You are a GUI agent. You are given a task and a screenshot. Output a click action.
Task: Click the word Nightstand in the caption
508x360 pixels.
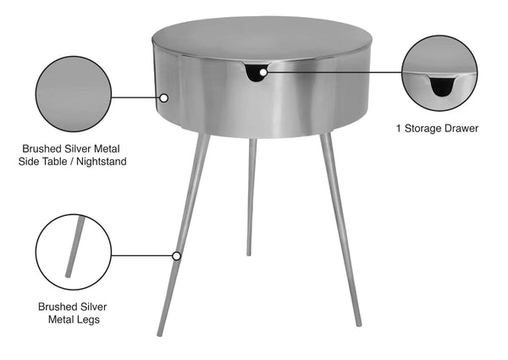(x=100, y=161)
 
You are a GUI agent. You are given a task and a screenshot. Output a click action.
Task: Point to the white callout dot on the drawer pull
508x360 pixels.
(x=263, y=73)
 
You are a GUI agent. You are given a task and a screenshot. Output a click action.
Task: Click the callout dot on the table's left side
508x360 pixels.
(x=164, y=97)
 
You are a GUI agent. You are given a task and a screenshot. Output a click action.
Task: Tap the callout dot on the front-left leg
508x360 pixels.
(x=177, y=255)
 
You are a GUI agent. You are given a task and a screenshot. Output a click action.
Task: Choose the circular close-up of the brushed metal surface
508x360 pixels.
(x=75, y=89)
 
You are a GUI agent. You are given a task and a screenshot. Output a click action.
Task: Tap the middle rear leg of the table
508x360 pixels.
(x=251, y=195)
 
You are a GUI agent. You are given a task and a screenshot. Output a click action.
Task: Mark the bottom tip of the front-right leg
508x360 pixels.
(x=358, y=323)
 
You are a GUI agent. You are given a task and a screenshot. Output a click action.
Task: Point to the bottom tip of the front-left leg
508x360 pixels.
(x=159, y=333)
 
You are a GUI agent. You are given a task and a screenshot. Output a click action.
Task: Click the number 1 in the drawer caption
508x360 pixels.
(x=398, y=129)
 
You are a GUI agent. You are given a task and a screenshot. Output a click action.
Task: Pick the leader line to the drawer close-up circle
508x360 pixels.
(x=334, y=73)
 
